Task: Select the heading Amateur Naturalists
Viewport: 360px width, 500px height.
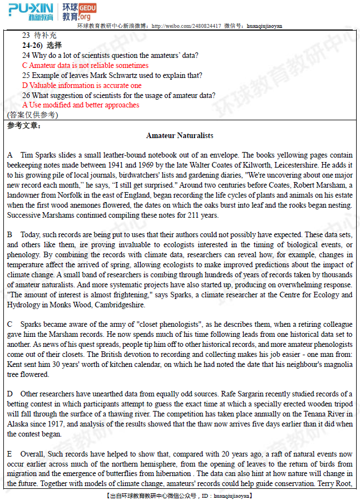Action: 180,135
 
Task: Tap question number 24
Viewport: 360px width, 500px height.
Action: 26,55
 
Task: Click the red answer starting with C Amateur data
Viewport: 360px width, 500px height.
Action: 85,65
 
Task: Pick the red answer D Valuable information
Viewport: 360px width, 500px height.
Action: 82,85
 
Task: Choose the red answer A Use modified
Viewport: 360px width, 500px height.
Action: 81,105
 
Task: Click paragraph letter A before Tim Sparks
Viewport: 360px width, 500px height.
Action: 10,155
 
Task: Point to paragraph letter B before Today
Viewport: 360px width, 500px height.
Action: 10,235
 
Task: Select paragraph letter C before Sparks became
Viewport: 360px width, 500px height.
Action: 10,324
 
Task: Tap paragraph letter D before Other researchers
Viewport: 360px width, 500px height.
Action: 10,394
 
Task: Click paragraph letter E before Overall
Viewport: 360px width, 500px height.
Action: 10,454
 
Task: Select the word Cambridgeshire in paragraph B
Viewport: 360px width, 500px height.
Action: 119,305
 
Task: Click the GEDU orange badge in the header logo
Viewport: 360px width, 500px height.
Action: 88,8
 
